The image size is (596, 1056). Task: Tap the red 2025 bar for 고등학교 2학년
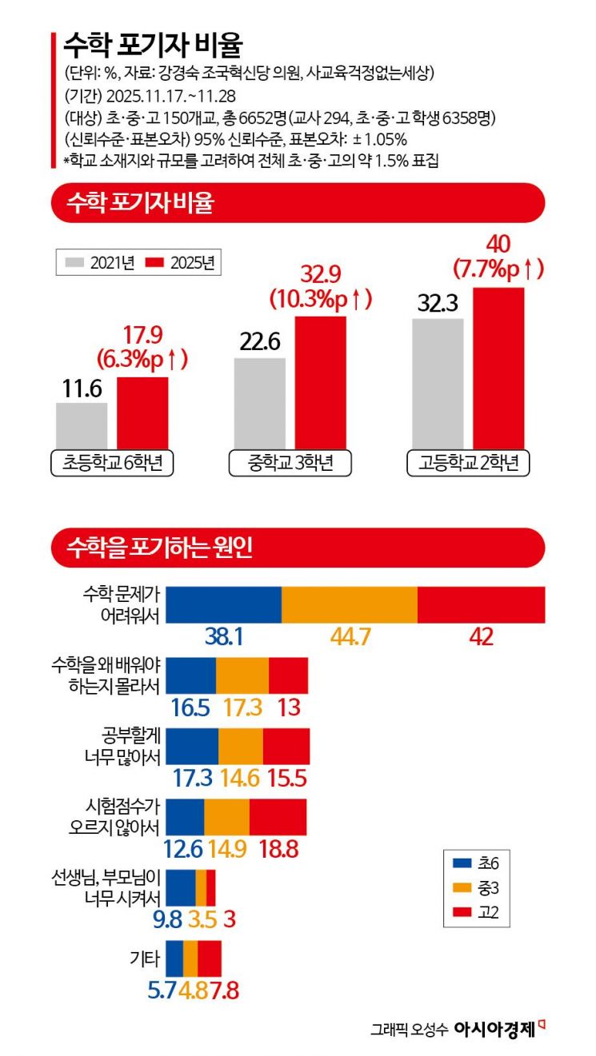pos(498,368)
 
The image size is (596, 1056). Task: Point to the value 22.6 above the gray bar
pos(259,342)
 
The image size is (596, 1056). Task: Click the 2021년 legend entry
pos(100,262)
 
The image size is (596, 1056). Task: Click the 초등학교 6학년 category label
pos(112,463)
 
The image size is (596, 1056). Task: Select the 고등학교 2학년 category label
pos(469,463)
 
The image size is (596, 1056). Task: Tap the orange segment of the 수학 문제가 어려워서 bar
pos(350,604)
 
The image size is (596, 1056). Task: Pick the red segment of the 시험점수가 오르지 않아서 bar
pos(278,816)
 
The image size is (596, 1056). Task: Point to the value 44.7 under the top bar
pos(350,636)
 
